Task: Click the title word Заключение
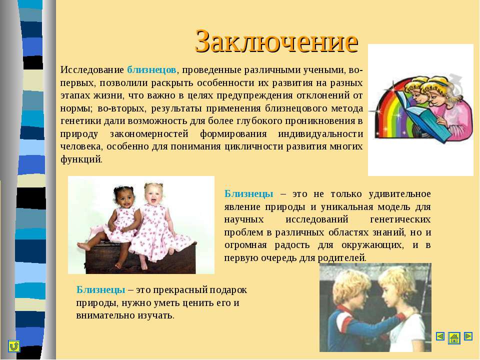coord(276,41)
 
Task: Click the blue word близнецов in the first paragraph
coord(151,70)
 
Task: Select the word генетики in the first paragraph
coord(81,121)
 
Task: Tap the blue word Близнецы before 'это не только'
coord(248,194)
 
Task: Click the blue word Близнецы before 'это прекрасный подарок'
coord(100,290)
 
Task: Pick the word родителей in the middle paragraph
coord(341,258)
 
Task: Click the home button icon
coord(454,338)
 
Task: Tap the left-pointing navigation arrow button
coord(440,336)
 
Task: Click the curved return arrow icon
coord(14,346)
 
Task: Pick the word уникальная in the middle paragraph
coord(347,207)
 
